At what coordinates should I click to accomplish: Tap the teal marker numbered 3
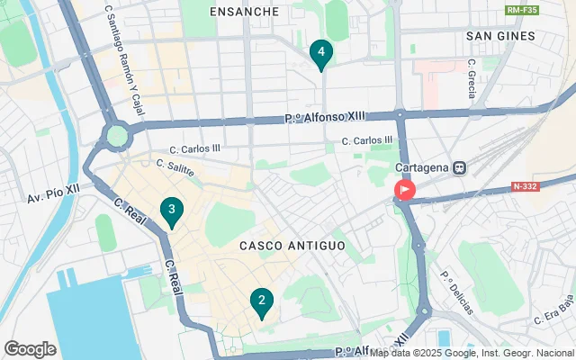click(x=171, y=211)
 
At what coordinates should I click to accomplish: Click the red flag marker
click(x=406, y=190)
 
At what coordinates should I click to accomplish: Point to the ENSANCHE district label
click(x=243, y=12)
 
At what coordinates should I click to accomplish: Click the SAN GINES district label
click(x=500, y=36)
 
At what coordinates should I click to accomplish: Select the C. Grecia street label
click(x=472, y=80)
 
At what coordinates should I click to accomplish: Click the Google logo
click(x=31, y=349)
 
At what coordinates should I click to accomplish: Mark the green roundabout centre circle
click(x=116, y=136)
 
